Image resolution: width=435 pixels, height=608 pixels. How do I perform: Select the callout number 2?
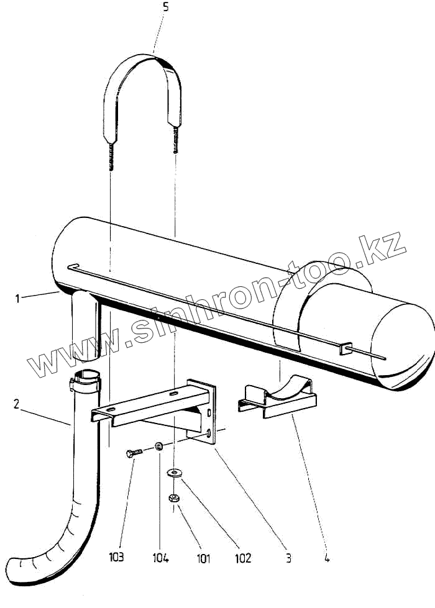click(x=14, y=404)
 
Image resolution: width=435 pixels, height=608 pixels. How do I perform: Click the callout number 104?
click(x=160, y=556)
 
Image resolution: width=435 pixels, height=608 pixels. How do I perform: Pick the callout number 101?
click(x=203, y=558)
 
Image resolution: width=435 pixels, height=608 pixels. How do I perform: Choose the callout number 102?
click(x=243, y=558)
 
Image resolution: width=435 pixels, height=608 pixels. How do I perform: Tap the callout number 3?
click(x=288, y=558)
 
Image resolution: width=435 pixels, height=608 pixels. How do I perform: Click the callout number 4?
click(x=326, y=558)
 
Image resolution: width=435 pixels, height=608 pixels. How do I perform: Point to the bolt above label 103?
click(x=134, y=453)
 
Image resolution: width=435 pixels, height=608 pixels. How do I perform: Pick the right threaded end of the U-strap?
click(x=175, y=147)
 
